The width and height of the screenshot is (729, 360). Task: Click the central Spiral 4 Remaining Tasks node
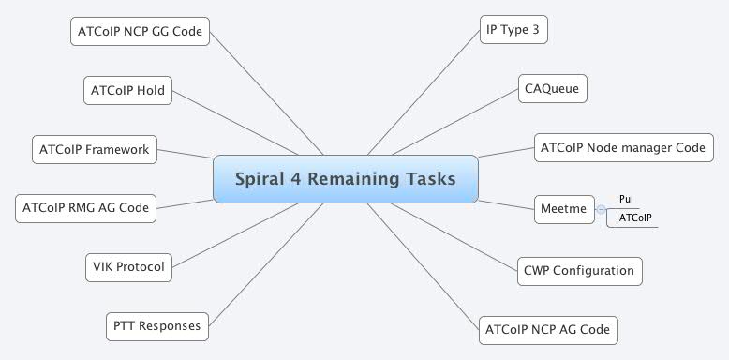point(346,178)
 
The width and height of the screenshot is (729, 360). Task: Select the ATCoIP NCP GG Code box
point(141,31)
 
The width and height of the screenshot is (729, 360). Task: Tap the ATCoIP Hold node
point(127,91)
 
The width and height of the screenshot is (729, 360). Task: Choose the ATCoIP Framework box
point(94,149)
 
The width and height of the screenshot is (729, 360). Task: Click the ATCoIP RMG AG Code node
point(85,207)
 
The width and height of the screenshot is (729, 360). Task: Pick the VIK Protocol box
point(128,266)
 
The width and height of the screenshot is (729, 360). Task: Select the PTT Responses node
point(156,326)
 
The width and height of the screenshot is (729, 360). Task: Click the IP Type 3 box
point(512,29)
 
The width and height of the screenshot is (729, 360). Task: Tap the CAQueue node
point(552,89)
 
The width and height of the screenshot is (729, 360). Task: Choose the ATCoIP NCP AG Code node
point(548,329)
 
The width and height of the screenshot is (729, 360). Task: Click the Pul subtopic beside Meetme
point(627,199)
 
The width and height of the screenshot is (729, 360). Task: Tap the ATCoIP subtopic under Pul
point(635,218)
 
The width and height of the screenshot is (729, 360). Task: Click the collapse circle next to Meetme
point(601,209)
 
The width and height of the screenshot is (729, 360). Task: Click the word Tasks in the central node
point(432,178)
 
